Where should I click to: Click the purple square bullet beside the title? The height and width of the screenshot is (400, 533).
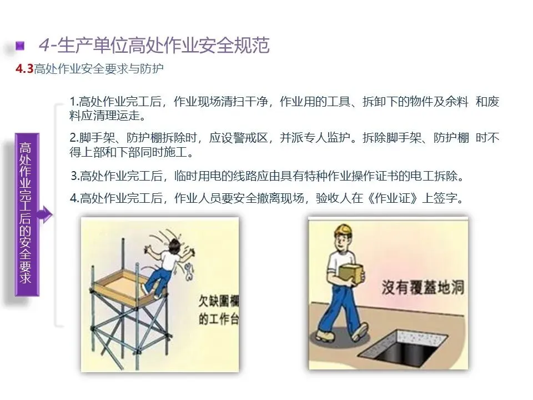21,46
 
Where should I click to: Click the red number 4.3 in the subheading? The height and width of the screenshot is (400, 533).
24,69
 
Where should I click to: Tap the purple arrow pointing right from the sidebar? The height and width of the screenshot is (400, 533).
45,214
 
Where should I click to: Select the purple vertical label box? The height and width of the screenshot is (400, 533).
27,214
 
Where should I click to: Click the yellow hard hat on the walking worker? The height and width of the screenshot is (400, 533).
344,231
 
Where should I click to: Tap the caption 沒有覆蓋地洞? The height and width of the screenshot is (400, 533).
423,288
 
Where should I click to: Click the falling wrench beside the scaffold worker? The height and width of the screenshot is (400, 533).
189,272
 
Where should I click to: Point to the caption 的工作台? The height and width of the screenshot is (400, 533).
219,319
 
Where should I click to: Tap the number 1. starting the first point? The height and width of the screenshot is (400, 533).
74,102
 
